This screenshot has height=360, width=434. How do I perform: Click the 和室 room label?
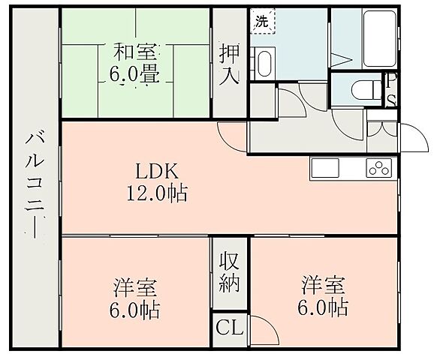(x=135, y=53)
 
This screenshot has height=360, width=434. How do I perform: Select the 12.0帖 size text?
(x=157, y=193)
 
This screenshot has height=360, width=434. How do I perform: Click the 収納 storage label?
(x=229, y=274)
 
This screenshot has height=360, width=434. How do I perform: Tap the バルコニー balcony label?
(x=35, y=181)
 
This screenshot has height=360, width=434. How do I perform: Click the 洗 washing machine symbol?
(x=262, y=21)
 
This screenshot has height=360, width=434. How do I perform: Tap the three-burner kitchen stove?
(x=379, y=167)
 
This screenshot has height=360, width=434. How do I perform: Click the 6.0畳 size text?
(x=135, y=76)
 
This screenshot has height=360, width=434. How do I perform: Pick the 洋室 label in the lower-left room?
(x=136, y=286)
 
